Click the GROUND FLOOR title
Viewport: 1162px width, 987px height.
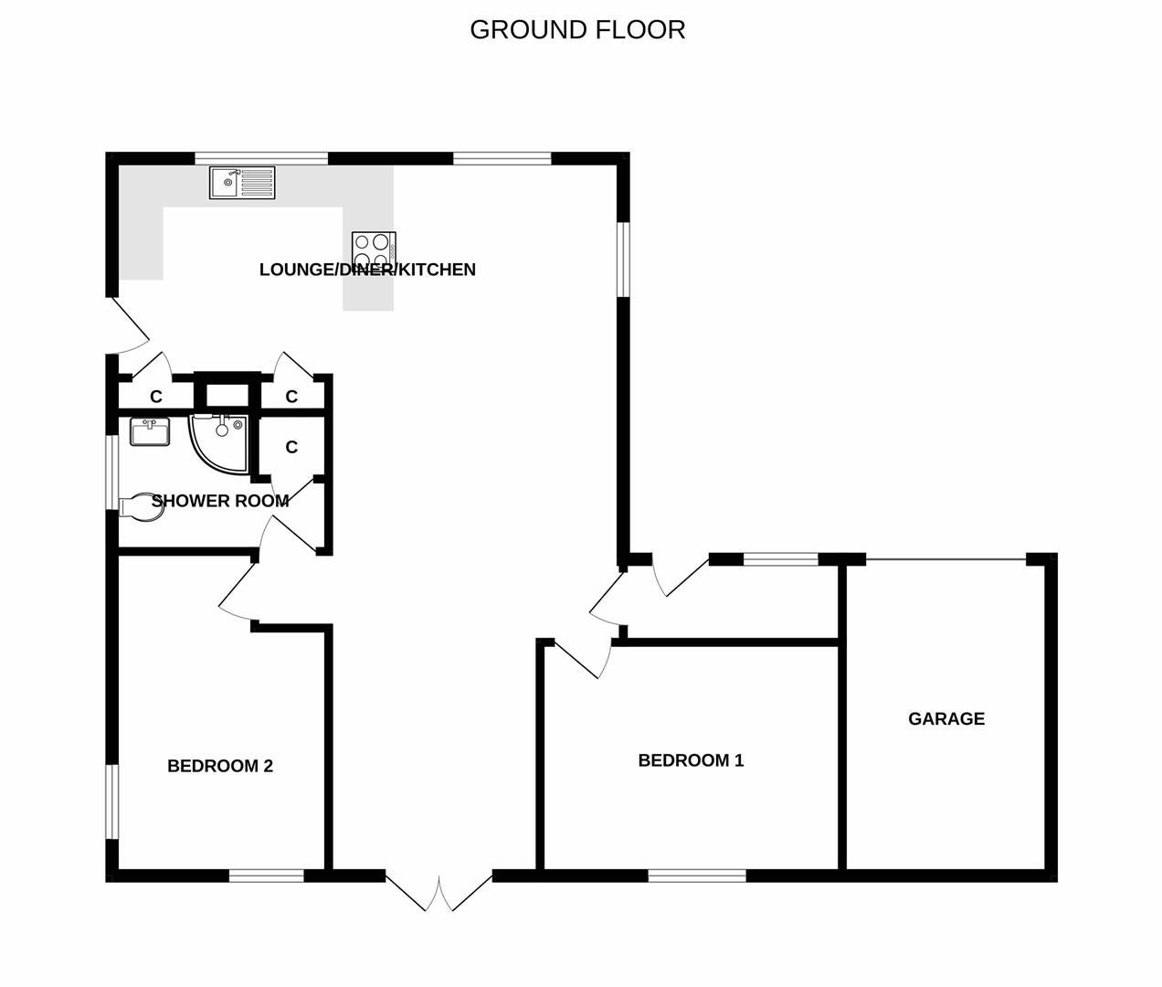[577, 30]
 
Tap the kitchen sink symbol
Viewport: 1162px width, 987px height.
[242, 182]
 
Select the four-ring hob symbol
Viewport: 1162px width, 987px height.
[374, 249]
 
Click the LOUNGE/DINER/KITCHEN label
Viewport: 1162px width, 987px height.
[367, 270]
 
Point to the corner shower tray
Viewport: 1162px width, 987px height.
[218, 443]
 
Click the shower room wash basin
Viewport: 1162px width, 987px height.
[150, 432]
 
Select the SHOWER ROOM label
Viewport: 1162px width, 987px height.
[220, 501]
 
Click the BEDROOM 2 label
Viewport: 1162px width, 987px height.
[220, 766]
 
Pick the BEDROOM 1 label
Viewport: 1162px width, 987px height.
[691, 760]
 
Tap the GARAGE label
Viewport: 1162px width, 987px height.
[946, 718]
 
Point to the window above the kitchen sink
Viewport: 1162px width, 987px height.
[261, 158]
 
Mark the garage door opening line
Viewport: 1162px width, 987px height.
[946, 559]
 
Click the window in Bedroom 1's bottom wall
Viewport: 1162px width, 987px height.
[697, 876]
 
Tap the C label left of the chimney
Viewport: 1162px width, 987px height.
[155, 397]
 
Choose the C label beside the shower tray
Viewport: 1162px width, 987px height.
[291, 447]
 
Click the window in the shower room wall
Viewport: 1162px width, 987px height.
[112, 472]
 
